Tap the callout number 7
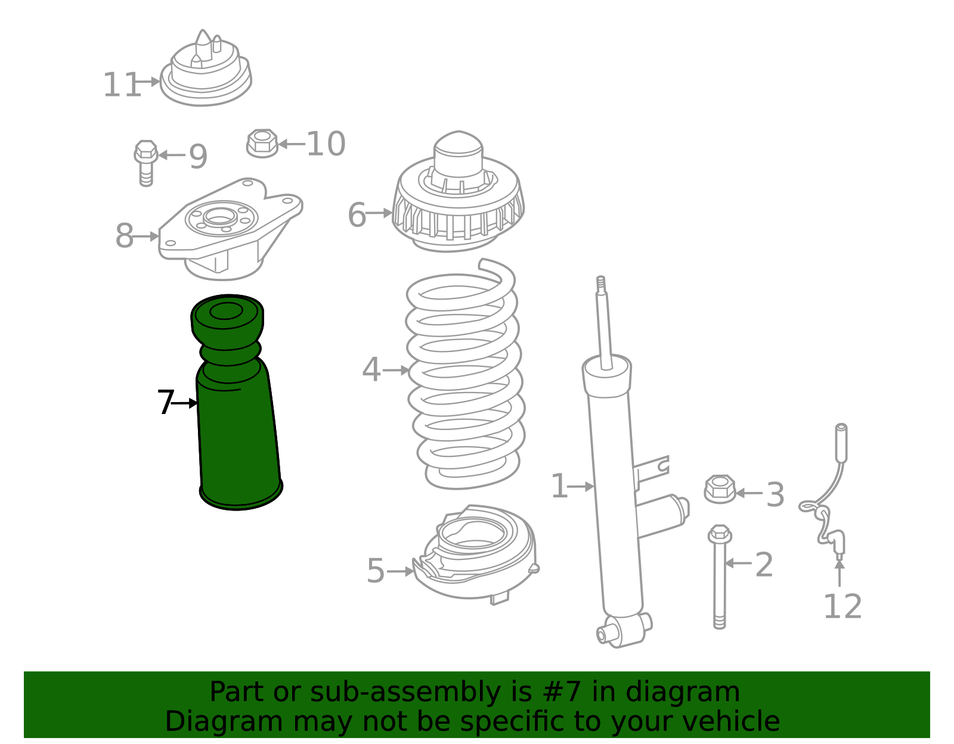point(166,401)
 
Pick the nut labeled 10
point(262,144)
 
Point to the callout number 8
point(124,235)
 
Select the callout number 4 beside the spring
point(371,369)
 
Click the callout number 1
point(559,485)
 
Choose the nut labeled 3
point(720,489)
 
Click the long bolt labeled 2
point(719,577)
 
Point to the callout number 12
point(843,606)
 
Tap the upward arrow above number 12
point(839,572)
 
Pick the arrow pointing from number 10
point(292,144)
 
